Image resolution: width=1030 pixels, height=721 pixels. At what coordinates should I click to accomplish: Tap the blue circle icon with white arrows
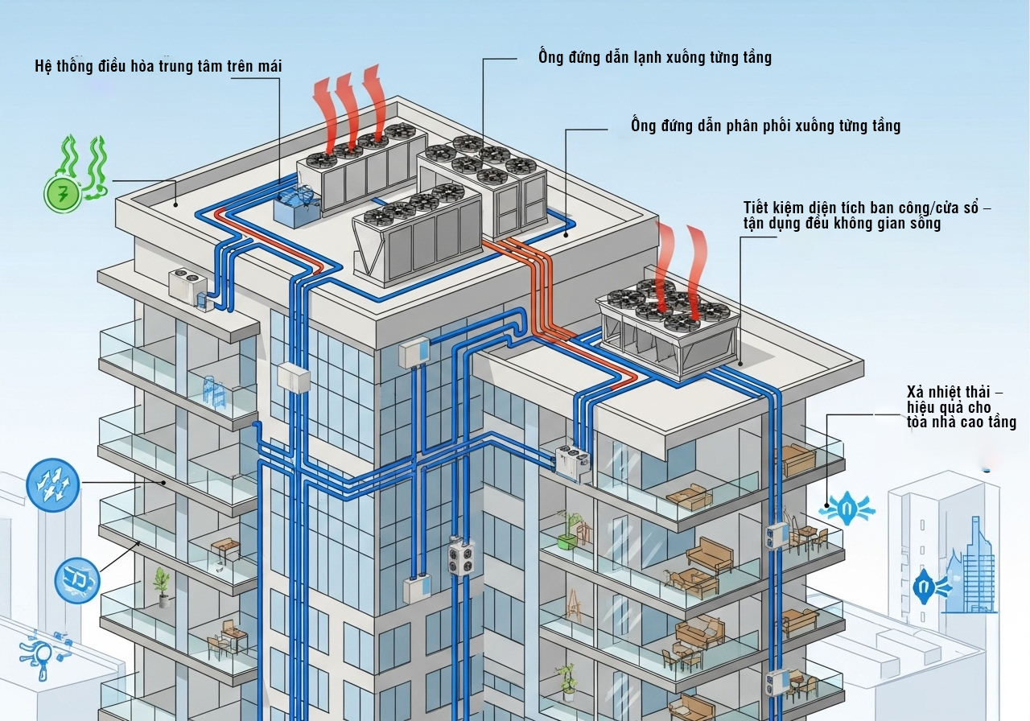pos(53,484)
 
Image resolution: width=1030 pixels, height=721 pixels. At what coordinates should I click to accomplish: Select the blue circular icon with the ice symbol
pos(77,579)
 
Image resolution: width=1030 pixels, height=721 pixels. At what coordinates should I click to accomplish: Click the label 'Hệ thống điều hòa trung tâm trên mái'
pos(159,66)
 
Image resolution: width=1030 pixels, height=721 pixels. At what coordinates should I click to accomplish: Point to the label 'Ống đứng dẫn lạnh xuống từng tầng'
pos(655,57)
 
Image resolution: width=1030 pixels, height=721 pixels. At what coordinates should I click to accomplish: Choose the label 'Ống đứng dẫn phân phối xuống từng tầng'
pos(765,126)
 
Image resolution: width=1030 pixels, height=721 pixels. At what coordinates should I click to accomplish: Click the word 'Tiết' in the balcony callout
pos(757,209)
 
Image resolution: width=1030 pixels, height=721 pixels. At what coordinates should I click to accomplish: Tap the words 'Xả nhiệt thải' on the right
pos(949,392)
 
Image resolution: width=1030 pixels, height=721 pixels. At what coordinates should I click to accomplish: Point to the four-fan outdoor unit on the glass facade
pos(461,555)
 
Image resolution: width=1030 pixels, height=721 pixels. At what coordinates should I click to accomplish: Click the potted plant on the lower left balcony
pos(163,586)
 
